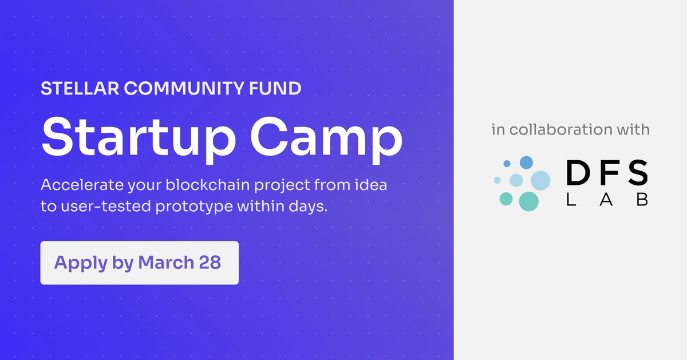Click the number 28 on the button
pyautogui.click(x=210, y=263)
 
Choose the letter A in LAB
pyautogui.click(x=606, y=199)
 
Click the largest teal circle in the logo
pyautogui.click(x=528, y=201)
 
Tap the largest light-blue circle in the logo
pyautogui.click(x=540, y=180)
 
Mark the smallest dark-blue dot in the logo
pyautogui.click(x=507, y=164)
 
